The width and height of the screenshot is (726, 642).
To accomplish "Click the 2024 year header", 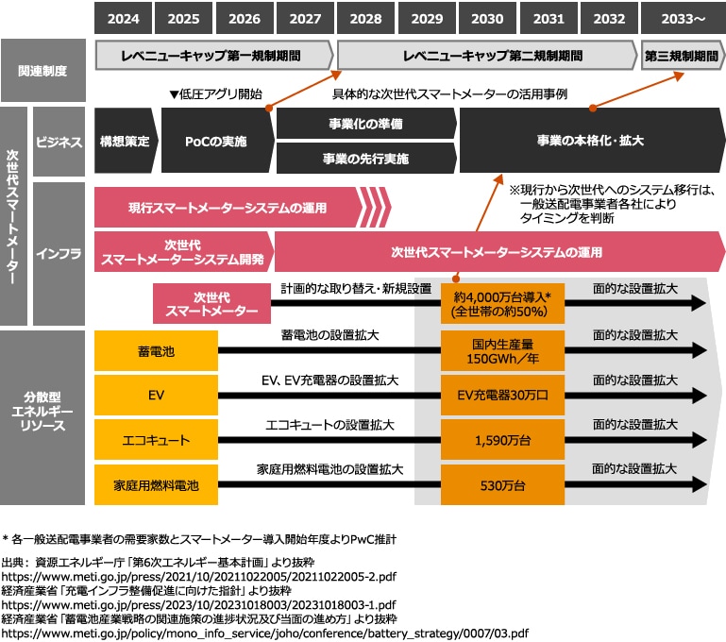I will (124, 18).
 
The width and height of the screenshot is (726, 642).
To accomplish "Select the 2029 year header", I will (427, 18).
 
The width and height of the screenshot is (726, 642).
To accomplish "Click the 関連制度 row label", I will (43, 71).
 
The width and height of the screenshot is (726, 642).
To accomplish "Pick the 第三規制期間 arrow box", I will (680, 56).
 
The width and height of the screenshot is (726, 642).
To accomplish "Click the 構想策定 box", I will (125, 142).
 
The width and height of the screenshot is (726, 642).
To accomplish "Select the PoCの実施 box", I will (216, 142).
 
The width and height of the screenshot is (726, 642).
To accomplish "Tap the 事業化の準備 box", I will (365, 124).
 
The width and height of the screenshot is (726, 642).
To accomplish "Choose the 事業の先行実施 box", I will (365, 159).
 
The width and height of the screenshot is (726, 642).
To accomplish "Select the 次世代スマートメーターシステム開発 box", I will (184, 251).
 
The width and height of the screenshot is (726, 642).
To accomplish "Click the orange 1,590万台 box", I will (501, 440).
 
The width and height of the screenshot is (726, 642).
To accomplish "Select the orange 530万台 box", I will (501, 485).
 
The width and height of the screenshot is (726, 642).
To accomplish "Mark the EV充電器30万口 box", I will (501, 395).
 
